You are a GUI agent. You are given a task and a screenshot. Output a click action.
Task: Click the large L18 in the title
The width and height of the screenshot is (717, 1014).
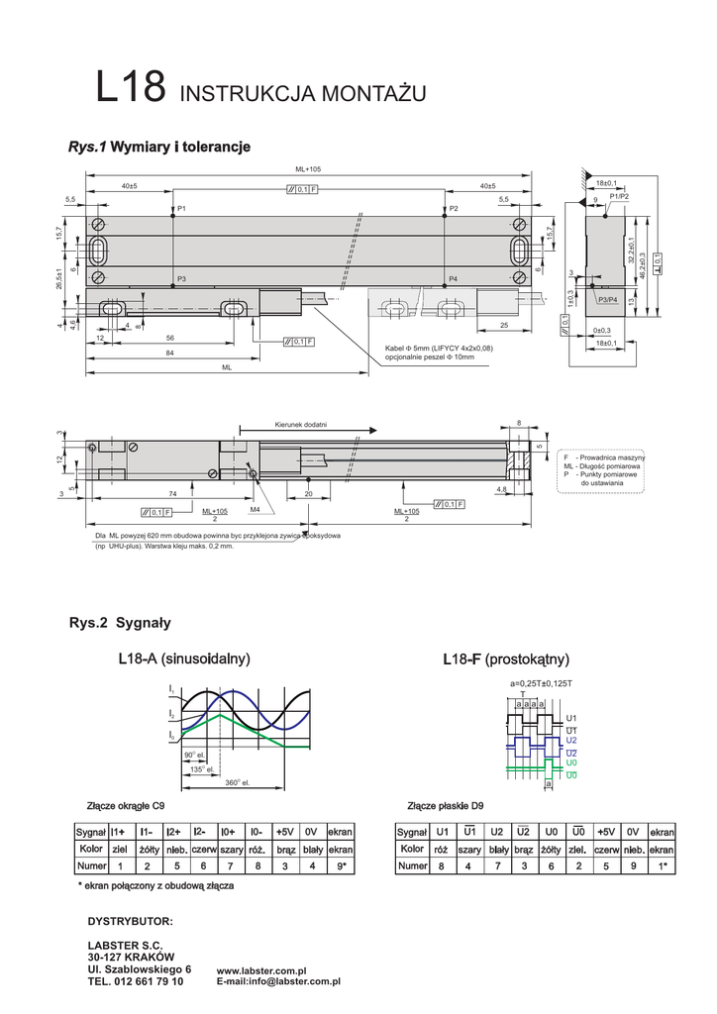[131, 88]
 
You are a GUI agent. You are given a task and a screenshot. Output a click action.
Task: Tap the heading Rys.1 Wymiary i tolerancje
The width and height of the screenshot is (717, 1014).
[158, 147]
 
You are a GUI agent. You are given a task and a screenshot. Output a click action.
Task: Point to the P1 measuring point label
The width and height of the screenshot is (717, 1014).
[181, 209]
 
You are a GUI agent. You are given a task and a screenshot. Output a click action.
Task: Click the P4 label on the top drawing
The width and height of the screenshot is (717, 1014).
[453, 280]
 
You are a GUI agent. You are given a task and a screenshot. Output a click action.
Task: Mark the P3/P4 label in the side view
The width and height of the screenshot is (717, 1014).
[607, 299]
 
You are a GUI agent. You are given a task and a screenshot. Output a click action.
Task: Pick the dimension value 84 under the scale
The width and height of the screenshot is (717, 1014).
[170, 353]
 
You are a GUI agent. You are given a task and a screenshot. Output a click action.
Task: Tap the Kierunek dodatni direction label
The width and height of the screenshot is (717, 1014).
[301, 425]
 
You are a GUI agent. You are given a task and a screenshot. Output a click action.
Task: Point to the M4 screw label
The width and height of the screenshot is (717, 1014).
[255, 508]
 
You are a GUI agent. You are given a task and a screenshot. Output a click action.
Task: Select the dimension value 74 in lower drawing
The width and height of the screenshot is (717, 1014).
[172, 493]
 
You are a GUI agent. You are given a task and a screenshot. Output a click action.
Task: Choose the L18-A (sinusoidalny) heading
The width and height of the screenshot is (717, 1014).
[183, 659]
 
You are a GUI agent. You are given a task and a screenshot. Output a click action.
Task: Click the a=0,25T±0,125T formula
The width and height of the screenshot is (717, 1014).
[541, 684]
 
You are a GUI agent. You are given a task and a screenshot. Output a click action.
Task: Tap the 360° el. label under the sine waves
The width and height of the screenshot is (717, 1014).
[237, 782]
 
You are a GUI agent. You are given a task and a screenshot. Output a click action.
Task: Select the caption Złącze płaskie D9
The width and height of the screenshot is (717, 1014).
[446, 806]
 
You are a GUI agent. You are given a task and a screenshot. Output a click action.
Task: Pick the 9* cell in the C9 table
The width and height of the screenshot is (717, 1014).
[342, 865]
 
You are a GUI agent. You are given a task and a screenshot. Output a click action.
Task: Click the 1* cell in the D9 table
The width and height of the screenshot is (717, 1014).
[662, 865]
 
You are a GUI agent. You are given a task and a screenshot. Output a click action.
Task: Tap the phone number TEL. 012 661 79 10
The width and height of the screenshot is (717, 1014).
[136, 981]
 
